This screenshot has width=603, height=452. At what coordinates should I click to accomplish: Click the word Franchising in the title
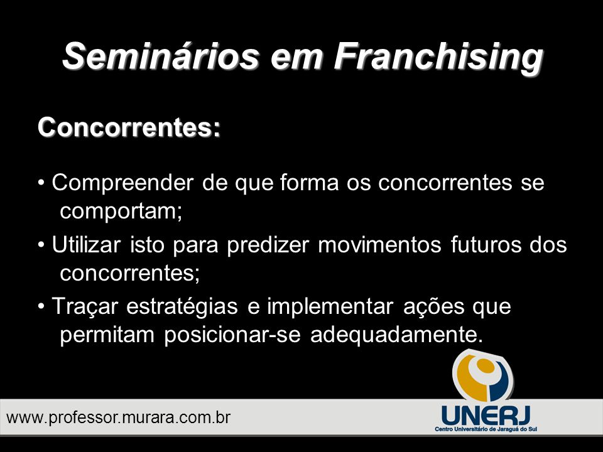click(x=438, y=57)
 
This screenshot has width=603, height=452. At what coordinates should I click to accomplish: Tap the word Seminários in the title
click(x=161, y=55)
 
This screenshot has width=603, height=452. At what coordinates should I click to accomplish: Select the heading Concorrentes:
click(x=129, y=127)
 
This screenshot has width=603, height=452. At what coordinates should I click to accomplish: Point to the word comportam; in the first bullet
click(x=121, y=212)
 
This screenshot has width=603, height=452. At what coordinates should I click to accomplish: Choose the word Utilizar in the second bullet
click(x=86, y=244)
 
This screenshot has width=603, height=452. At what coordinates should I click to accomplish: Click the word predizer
click(x=268, y=246)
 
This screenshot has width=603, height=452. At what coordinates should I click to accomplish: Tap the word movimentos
click(x=379, y=245)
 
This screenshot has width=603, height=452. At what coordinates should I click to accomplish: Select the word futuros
click(x=486, y=245)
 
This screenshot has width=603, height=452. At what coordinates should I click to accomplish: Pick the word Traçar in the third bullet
click(x=85, y=308)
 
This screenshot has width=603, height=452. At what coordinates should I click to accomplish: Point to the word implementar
click(x=330, y=308)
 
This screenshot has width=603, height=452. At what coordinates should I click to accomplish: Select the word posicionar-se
click(x=232, y=335)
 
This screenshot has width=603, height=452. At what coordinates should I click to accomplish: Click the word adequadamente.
click(x=396, y=335)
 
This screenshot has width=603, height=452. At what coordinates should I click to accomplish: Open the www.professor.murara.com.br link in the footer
click(x=119, y=418)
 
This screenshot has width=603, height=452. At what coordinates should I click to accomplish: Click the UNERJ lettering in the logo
click(x=486, y=415)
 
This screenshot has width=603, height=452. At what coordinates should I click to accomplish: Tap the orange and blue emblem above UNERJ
click(x=483, y=377)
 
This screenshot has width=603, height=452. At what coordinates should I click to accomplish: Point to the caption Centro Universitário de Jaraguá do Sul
click(x=486, y=429)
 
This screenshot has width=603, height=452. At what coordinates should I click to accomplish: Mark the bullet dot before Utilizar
click(x=41, y=245)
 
